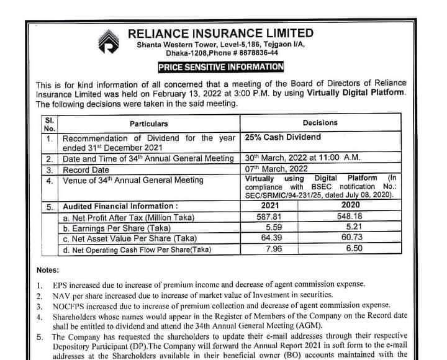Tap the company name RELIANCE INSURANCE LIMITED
coord(220,32)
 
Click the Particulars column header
coord(148,124)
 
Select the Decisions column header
coord(320,123)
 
